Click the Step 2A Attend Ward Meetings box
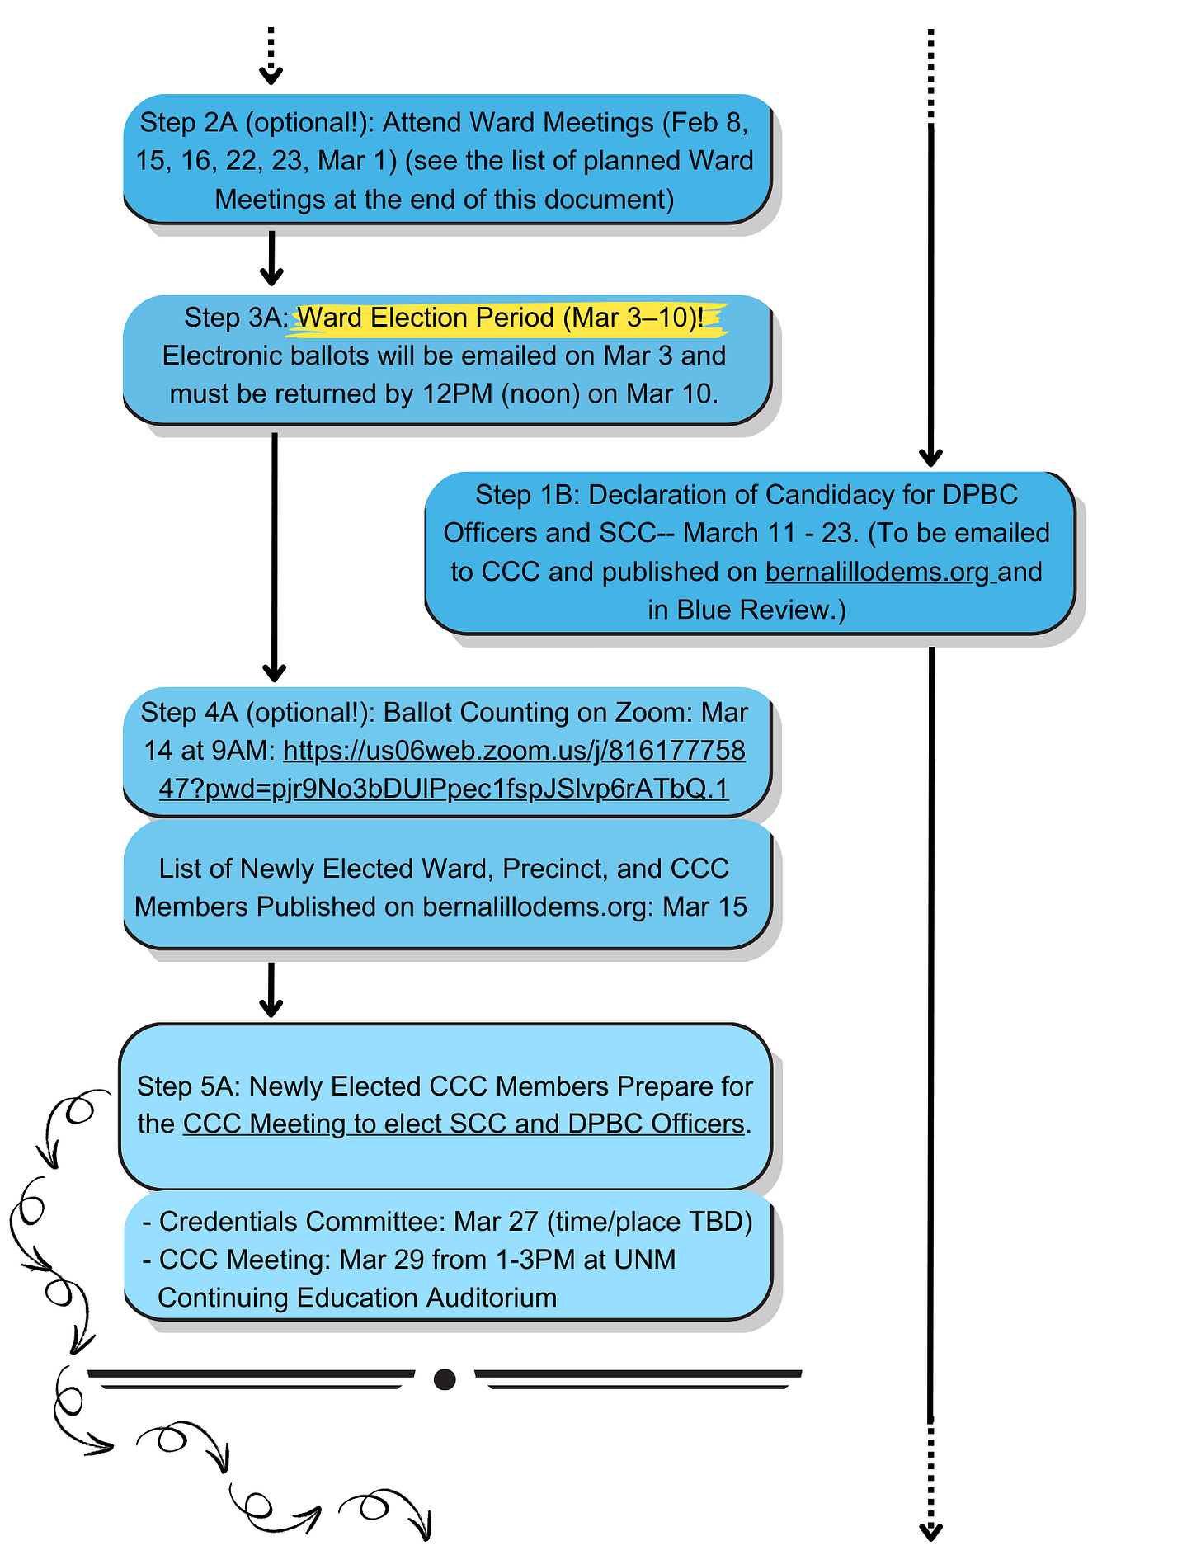[x=445, y=160]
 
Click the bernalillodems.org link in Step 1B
[x=878, y=572]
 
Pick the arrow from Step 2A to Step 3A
[x=271, y=258]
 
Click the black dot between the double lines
[x=445, y=1379]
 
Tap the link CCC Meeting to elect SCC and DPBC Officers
[x=464, y=1124]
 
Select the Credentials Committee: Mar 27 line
[x=447, y=1221]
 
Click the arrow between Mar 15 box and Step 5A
[x=271, y=989]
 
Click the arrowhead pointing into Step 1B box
[x=931, y=457]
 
